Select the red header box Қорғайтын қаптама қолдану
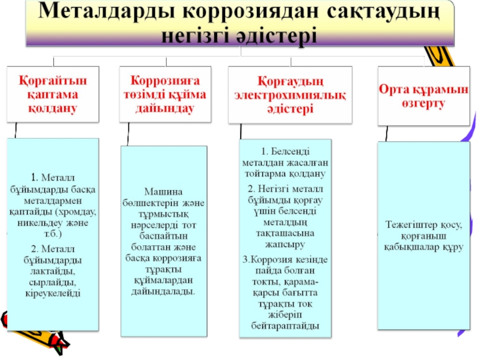pyautogui.click(x=53, y=94)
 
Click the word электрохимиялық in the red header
pyautogui.click(x=290, y=95)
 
